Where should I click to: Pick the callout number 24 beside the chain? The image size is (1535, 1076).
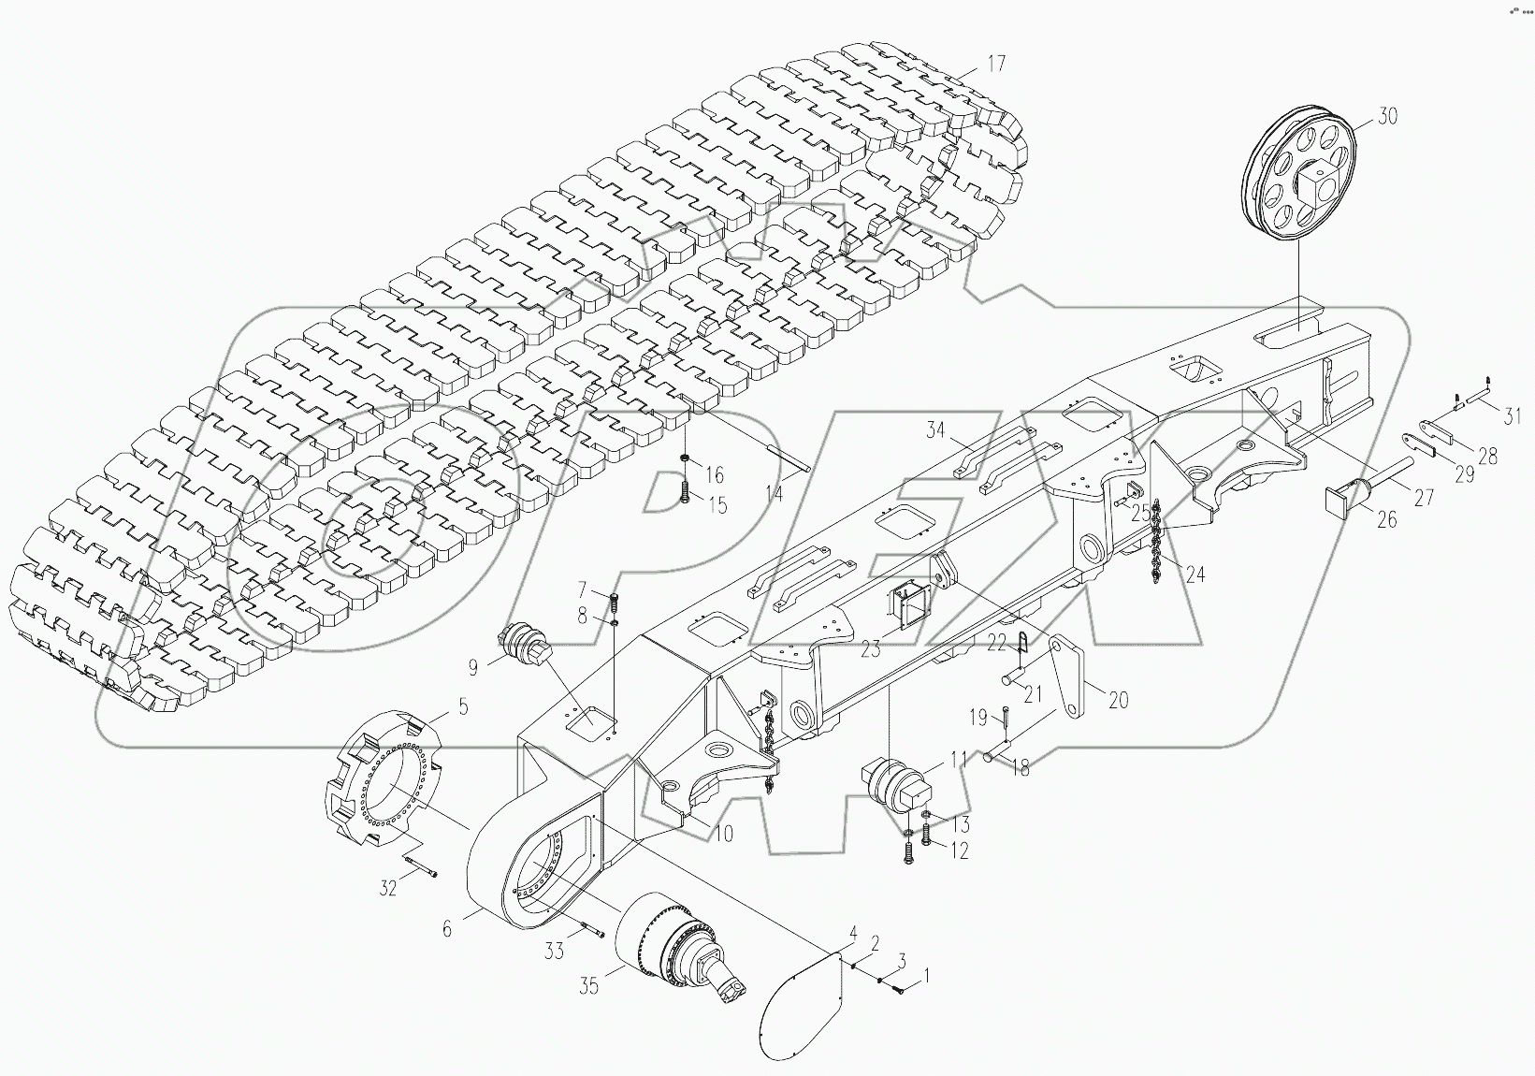(1195, 574)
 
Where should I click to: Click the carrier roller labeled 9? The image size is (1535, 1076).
(528, 644)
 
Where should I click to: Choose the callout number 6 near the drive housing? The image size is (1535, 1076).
(447, 929)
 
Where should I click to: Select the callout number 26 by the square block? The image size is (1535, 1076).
(1386, 517)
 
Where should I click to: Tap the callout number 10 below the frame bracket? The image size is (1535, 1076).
(723, 833)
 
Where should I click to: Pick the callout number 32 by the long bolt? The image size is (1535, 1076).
(387, 888)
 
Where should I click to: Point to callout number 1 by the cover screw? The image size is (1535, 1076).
(926, 977)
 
